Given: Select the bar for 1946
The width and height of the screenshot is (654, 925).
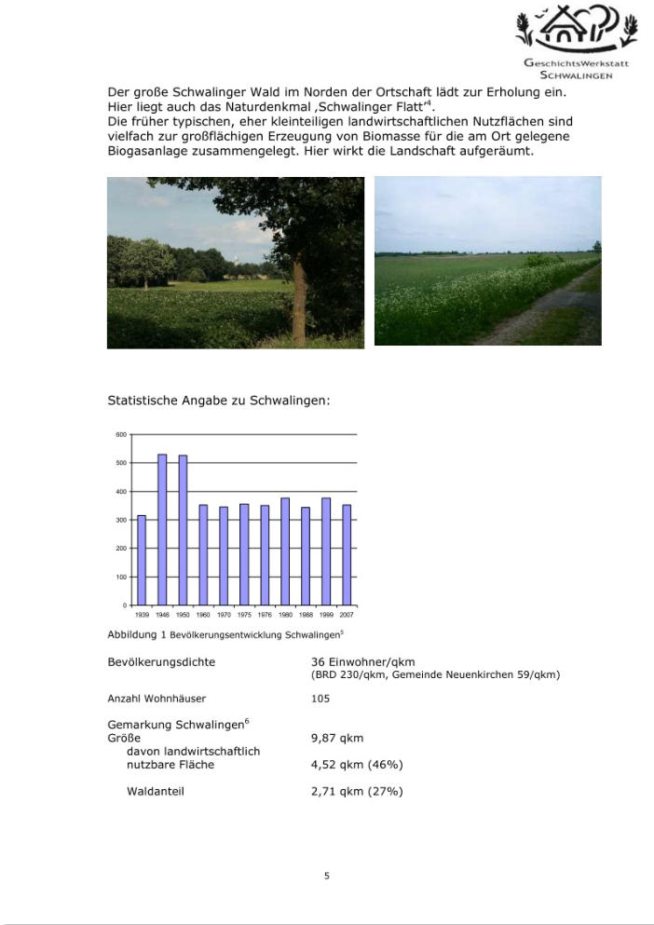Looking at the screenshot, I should (162, 529).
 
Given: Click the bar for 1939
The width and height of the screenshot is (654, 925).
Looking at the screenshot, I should (142, 560).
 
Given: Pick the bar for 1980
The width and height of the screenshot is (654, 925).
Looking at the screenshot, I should (285, 551).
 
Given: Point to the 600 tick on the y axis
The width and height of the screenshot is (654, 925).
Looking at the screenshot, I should (120, 435).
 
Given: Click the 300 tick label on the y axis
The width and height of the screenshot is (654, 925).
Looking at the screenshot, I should (120, 520).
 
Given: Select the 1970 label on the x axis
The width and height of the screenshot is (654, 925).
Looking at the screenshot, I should (224, 615).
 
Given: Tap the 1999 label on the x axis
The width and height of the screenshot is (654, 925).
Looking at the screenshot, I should (326, 615).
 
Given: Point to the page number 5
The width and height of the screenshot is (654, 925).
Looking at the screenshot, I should (327, 876).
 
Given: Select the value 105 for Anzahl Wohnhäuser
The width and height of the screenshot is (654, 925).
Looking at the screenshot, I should (320, 698).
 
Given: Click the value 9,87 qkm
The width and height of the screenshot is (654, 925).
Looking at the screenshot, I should (337, 738).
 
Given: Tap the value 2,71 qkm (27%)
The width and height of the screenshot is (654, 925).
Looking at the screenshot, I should (357, 792).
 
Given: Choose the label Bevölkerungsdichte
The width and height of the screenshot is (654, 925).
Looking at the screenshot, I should (161, 662).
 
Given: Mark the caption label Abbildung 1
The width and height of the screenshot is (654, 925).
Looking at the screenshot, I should (136, 634).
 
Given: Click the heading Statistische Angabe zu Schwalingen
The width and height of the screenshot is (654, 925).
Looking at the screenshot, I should (219, 401).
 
